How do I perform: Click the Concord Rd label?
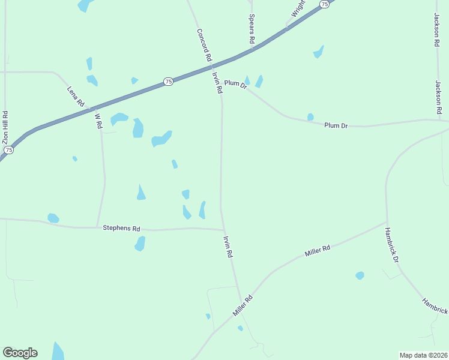tap(203, 45)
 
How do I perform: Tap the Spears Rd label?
tap(252, 29)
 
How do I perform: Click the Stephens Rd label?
tap(121, 228)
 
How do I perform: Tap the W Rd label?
tap(98, 119)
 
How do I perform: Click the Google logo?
tap(20, 353)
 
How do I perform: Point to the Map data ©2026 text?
tap(423, 355)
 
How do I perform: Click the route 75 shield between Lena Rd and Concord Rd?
tap(169, 82)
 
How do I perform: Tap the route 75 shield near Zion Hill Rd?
tap(8, 149)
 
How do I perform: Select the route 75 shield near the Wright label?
tap(325, 4)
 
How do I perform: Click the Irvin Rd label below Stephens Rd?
tap(228, 246)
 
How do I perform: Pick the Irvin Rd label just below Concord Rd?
tap(217, 83)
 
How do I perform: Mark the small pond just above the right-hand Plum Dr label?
tap(310, 117)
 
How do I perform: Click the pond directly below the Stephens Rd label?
tap(140, 243)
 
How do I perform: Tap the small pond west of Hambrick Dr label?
tap(360, 275)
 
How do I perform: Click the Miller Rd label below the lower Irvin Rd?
tap(243, 306)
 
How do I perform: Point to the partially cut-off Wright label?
tap(298, 8)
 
